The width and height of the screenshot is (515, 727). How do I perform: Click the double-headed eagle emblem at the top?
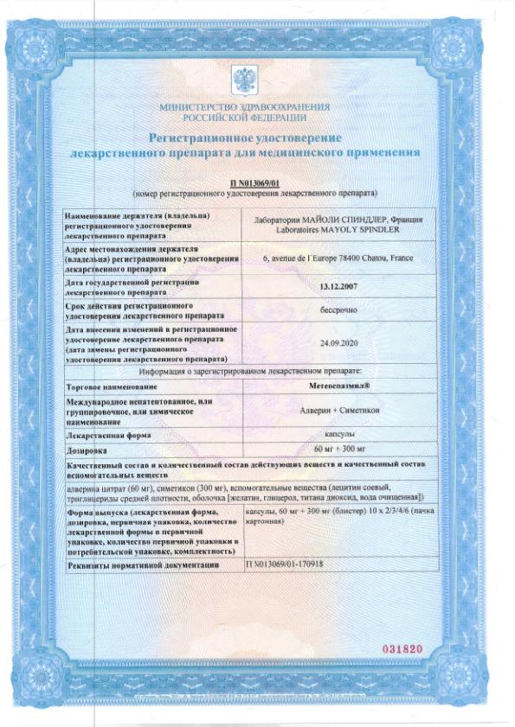(244, 82)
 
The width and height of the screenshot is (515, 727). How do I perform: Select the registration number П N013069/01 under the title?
(257, 184)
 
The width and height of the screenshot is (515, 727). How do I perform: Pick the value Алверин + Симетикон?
(332, 409)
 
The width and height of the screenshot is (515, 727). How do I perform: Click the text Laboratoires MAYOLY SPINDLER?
(332, 231)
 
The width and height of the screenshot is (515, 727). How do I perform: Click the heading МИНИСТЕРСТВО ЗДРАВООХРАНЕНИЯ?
(244, 107)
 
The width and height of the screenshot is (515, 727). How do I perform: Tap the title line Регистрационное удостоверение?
(245, 137)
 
